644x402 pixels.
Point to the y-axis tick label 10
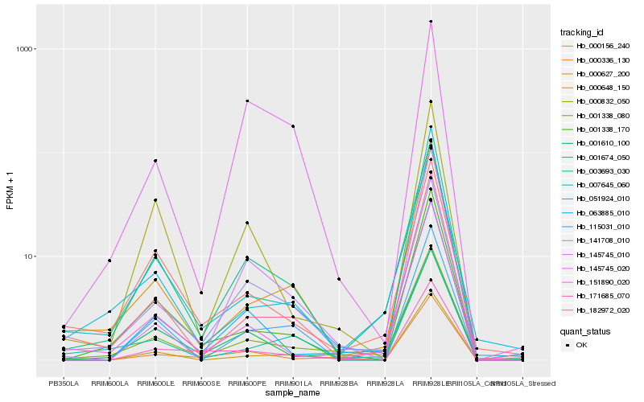tap(30, 256)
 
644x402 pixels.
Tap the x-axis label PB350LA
tap(64, 383)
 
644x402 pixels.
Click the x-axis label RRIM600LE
tap(155, 383)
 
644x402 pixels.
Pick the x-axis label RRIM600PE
tap(247, 383)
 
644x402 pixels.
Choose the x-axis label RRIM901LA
tap(293, 383)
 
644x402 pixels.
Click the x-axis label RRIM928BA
tap(339, 383)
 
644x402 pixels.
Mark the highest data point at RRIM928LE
tap(431, 22)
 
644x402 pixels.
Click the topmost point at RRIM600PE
tap(247, 101)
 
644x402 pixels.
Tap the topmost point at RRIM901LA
tap(293, 126)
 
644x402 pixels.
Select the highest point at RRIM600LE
tap(155, 161)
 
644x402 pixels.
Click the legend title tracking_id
tap(582, 32)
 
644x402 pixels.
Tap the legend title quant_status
tap(585, 330)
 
